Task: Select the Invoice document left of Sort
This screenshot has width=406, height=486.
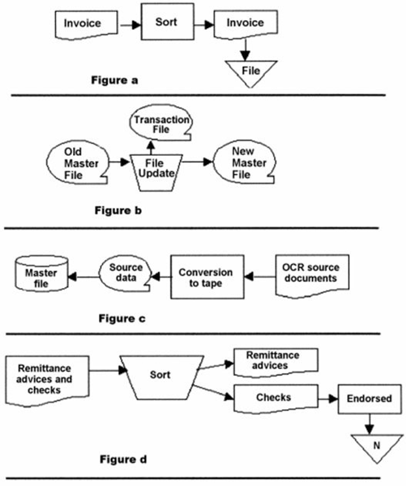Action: click(x=83, y=24)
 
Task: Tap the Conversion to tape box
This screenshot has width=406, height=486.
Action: click(x=205, y=277)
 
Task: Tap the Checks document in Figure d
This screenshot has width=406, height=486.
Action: click(x=274, y=397)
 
